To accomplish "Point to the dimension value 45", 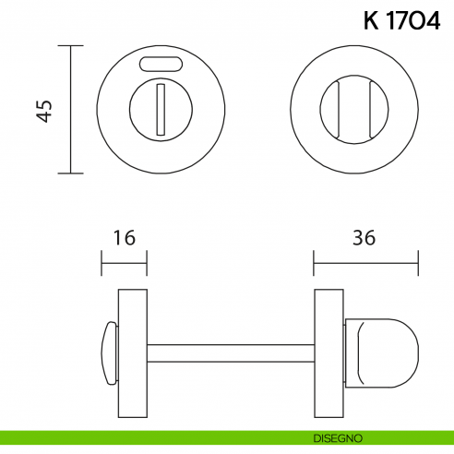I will pyautogui.click(x=42, y=109).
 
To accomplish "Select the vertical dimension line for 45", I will pyautogui.click(x=70, y=109).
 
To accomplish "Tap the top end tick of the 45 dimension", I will pyautogui.click(x=70, y=44).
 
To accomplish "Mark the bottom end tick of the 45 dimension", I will pyautogui.click(x=70, y=173).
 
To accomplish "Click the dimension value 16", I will pyautogui.click(x=123, y=238).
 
